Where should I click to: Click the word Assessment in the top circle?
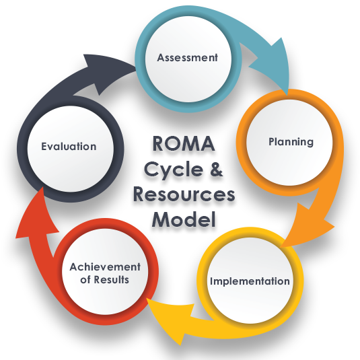click(188, 58)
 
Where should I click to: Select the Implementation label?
click(249, 281)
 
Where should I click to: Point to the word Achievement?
click(105, 267)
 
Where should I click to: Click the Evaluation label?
click(68, 146)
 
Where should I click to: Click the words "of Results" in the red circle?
click(104, 279)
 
